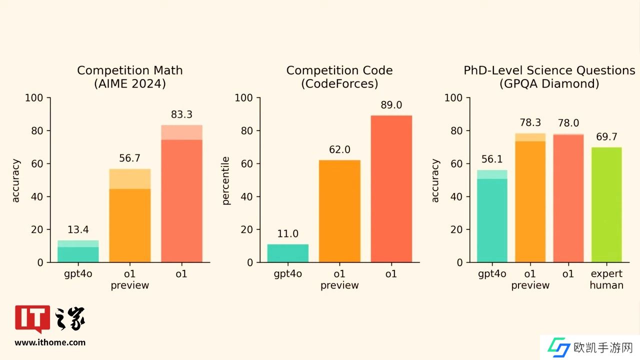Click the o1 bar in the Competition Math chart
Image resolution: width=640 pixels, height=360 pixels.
[181, 195]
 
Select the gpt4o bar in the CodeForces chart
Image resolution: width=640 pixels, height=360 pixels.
[288, 253]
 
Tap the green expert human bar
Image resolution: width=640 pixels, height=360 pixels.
[606, 205]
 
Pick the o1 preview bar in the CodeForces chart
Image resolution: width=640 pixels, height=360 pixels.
[339, 211]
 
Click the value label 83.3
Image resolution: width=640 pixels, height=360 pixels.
[181, 114]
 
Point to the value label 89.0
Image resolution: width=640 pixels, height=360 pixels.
[391, 105]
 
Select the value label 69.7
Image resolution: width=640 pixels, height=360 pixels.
[606, 137]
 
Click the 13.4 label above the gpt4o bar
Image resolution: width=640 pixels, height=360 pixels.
[78, 229]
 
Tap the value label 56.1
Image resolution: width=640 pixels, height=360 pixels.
[492, 159]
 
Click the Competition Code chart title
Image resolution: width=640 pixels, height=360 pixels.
[339, 70]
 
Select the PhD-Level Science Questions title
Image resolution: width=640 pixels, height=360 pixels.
[549, 70]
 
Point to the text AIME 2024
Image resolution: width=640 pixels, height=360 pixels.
[130, 83]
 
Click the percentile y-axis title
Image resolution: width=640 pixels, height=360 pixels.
[225, 180]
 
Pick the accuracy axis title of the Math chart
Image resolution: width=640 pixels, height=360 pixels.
[16, 180]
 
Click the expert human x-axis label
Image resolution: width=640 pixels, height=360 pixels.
[606, 279]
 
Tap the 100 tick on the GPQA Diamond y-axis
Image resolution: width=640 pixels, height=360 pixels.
[453, 97]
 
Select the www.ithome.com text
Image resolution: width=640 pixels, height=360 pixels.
[50, 342]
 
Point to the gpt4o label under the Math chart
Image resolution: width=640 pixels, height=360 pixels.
[78, 274]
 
